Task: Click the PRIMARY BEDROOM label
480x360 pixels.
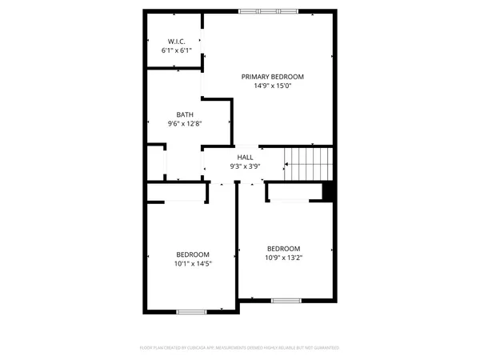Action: [x=273, y=77]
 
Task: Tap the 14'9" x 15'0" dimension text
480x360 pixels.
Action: [x=273, y=86]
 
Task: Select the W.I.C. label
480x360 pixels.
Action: [x=177, y=42]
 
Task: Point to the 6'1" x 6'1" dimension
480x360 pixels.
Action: [x=177, y=50]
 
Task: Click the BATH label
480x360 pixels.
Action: [x=185, y=115]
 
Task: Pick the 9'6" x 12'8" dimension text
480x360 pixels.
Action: [x=185, y=124]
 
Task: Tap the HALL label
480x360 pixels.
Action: [x=245, y=158]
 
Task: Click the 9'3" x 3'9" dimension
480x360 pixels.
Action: [x=245, y=166]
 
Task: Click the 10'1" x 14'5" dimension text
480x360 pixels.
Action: [x=193, y=263]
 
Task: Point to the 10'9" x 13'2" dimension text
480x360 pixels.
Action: [x=284, y=258]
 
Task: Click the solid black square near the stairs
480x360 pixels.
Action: [x=326, y=192]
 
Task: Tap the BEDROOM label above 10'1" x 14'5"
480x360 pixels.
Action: [x=193, y=254]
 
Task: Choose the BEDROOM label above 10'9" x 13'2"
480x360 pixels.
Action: [x=284, y=248]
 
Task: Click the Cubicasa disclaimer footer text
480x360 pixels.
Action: [x=239, y=348]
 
